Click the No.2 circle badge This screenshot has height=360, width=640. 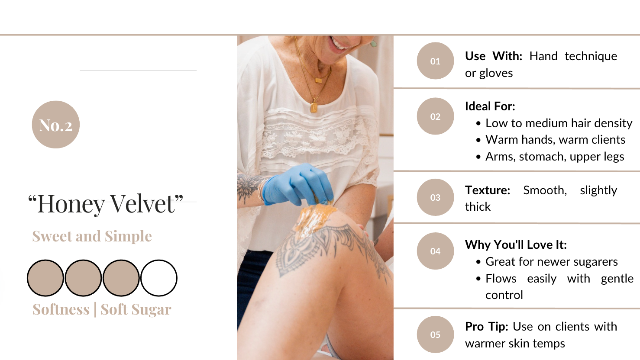56,125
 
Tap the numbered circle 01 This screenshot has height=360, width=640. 435,61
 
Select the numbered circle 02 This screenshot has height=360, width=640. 435,116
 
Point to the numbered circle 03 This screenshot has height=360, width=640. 435,197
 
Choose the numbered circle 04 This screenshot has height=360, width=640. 435,251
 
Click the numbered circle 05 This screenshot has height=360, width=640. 435,334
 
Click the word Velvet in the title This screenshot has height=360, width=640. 142,204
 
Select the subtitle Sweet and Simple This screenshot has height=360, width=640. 92,236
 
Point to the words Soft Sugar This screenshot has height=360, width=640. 136,309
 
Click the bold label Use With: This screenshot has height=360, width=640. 494,56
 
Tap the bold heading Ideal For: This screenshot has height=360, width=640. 490,106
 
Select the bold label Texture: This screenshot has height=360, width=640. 488,190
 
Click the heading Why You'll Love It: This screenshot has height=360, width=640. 516,244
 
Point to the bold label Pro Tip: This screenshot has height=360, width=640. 487,327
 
